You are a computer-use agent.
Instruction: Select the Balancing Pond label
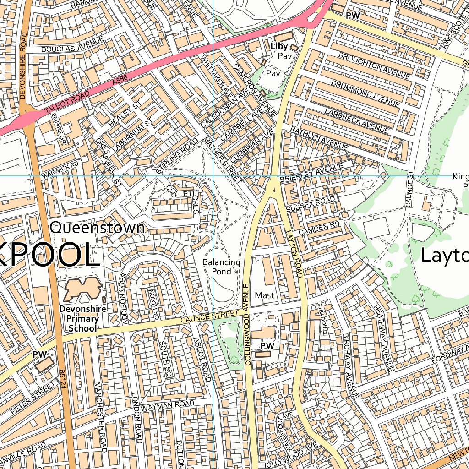click(222, 267)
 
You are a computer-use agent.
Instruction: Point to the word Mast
click(264, 295)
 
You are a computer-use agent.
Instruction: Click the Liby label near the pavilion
click(279, 46)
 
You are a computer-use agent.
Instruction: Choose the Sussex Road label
click(311, 205)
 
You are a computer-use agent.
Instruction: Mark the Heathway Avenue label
click(384, 338)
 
